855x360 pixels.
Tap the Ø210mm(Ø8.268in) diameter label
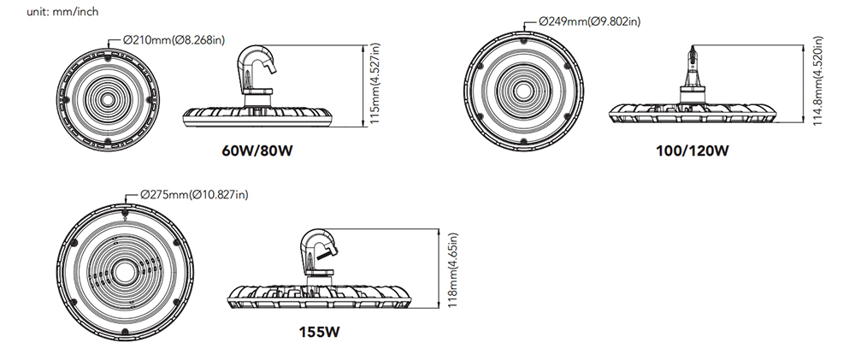(176, 38)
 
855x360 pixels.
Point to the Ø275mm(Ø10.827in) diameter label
(192, 195)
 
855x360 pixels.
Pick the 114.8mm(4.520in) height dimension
(817, 82)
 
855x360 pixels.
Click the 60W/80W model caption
(258, 152)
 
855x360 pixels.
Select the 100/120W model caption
(693, 152)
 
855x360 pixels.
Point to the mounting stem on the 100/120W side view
(693, 72)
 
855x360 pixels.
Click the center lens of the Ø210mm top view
(109, 99)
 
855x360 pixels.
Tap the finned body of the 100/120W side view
(693, 114)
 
